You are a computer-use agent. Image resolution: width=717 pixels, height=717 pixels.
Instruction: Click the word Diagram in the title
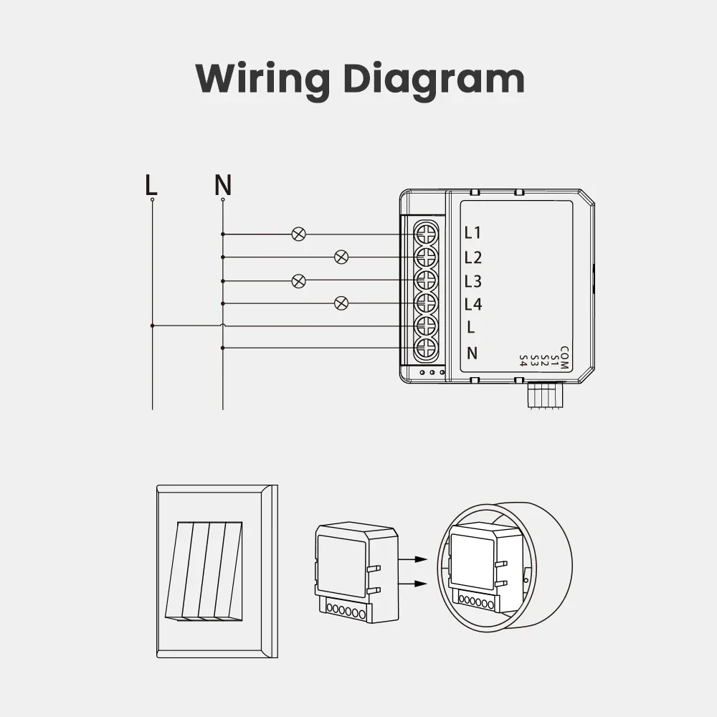coord(434,79)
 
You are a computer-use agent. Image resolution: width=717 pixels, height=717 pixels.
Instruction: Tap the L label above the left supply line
coord(151,185)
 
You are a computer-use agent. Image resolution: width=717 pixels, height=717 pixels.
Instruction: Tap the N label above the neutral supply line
coord(223,185)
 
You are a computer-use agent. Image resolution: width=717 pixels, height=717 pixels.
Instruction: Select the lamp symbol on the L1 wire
coord(299,234)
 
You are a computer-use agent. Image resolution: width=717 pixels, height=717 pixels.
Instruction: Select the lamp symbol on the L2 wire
coord(342,257)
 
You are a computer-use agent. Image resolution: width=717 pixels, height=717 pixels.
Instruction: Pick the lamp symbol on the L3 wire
coord(299,280)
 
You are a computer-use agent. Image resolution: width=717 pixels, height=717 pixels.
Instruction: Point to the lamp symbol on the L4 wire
coord(342,303)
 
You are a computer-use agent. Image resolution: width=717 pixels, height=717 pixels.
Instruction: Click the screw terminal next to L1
coord(426,233)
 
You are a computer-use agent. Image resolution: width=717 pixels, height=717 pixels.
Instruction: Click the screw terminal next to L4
coord(426,303)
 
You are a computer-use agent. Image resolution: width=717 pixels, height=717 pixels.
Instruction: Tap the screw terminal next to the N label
coord(426,349)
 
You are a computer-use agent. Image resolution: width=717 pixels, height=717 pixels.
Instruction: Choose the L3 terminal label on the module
coord(473,280)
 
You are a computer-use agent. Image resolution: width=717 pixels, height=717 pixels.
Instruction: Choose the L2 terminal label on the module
coord(473,257)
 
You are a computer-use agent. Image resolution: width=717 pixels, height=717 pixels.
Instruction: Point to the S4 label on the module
coord(523,361)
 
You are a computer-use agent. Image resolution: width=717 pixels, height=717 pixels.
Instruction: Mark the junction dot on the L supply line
coord(152,326)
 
